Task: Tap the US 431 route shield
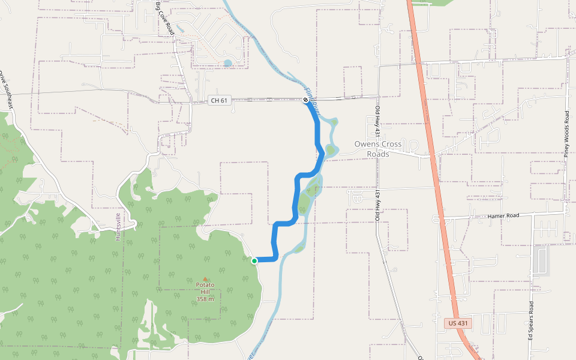coord(459,323)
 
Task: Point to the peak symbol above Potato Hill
coord(205,279)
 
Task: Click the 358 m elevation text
coord(205,299)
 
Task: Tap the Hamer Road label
coord(503,215)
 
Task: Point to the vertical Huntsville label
coord(118,227)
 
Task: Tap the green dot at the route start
coord(254,260)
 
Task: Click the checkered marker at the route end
coord(305,100)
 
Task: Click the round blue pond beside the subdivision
coord(227,62)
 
